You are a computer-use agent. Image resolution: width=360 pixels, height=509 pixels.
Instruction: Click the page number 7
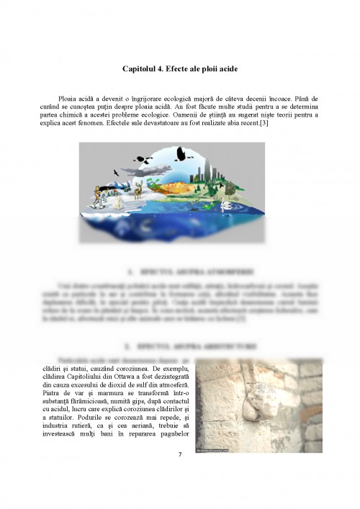click(x=179, y=454)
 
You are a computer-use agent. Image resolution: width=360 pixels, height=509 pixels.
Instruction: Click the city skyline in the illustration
click(x=210, y=171)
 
